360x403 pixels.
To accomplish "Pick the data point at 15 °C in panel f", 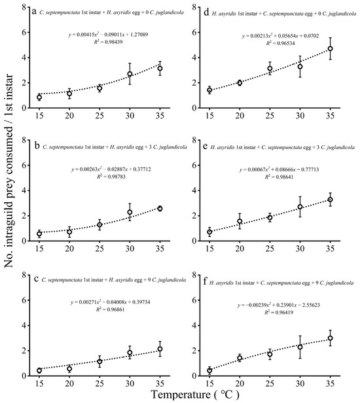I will (x=209, y=370).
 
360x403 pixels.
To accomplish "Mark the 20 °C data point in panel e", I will (x=240, y=222).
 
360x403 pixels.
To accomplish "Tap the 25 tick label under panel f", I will (x=270, y=387).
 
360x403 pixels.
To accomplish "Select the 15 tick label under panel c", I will (x=39, y=387).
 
